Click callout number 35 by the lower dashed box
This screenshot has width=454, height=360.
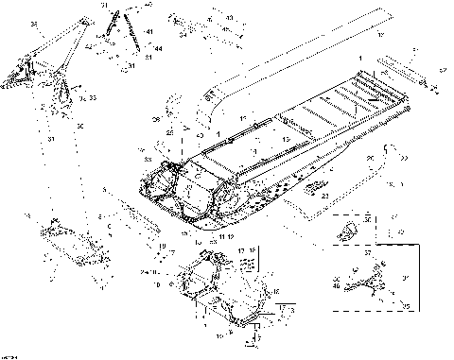(407, 305)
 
